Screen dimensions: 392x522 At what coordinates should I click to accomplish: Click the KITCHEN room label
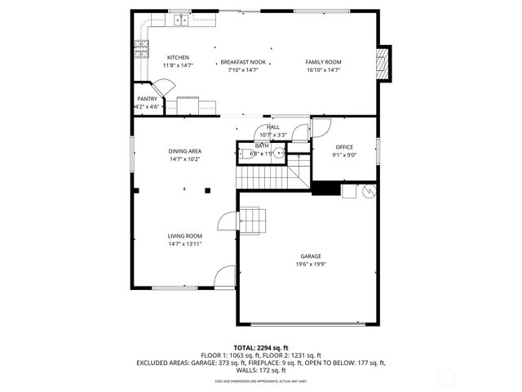(x=178, y=57)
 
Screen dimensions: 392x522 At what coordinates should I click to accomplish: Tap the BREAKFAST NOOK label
(x=242, y=62)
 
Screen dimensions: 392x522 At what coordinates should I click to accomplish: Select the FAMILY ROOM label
(x=323, y=62)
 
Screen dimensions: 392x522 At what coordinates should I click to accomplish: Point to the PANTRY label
(x=147, y=99)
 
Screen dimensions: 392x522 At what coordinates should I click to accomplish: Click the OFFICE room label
(x=343, y=147)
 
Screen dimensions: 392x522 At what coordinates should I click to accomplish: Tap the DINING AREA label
(x=185, y=151)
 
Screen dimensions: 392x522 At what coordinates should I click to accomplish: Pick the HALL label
(x=272, y=127)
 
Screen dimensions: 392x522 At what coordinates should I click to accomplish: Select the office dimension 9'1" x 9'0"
(x=343, y=154)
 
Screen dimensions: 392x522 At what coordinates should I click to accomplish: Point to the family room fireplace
(x=384, y=63)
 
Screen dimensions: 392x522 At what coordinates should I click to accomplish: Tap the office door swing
(x=320, y=127)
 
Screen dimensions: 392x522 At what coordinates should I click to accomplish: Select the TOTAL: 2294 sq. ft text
(x=261, y=348)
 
